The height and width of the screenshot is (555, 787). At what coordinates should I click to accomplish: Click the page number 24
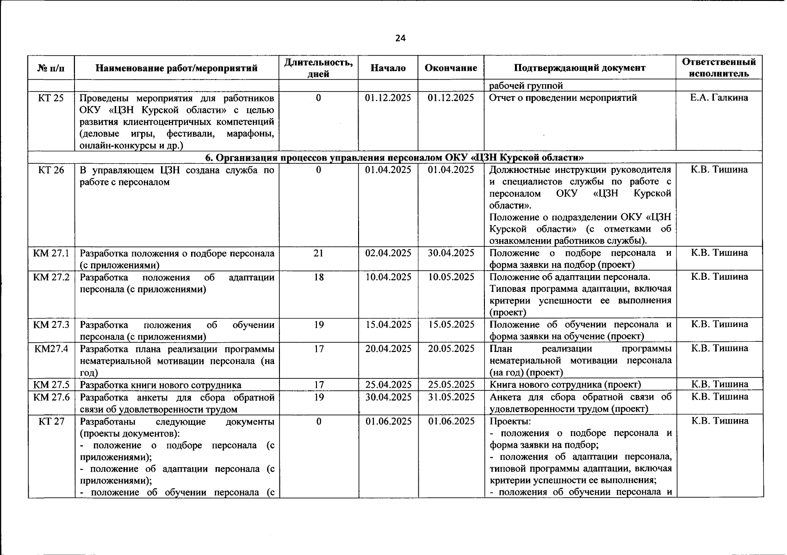(400, 38)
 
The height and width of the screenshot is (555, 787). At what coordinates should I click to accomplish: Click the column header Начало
(388, 68)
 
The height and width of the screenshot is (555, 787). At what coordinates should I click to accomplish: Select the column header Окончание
(451, 68)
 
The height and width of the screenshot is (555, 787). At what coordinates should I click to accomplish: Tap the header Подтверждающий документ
(579, 68)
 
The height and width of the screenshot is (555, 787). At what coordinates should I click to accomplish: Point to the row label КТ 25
(51, 98)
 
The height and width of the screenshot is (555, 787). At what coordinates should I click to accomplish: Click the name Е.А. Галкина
(719, 98)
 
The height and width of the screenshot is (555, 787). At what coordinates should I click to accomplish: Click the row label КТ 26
(51, 170)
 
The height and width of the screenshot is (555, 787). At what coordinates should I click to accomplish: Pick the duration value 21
(318, 253)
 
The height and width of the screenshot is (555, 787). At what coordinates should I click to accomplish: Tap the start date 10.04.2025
(388, 277)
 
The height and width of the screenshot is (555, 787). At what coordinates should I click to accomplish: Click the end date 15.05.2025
(451, 325)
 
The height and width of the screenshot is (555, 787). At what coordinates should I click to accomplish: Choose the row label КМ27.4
(51, 349)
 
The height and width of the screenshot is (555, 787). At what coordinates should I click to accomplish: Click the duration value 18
(318, 277)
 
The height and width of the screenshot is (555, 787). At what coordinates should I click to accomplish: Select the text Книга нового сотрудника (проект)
(565, 385)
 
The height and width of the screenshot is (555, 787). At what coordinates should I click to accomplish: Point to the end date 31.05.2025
(451, 397)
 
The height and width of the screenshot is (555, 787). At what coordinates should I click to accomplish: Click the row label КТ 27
(51, 421)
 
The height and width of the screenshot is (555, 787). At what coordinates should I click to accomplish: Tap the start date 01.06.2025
(388, 421)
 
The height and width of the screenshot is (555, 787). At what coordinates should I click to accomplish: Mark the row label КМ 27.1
(51, 253)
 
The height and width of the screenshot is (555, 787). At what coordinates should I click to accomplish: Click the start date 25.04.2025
(388, 385)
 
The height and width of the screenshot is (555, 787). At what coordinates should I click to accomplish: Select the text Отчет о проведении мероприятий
(563, 98)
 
